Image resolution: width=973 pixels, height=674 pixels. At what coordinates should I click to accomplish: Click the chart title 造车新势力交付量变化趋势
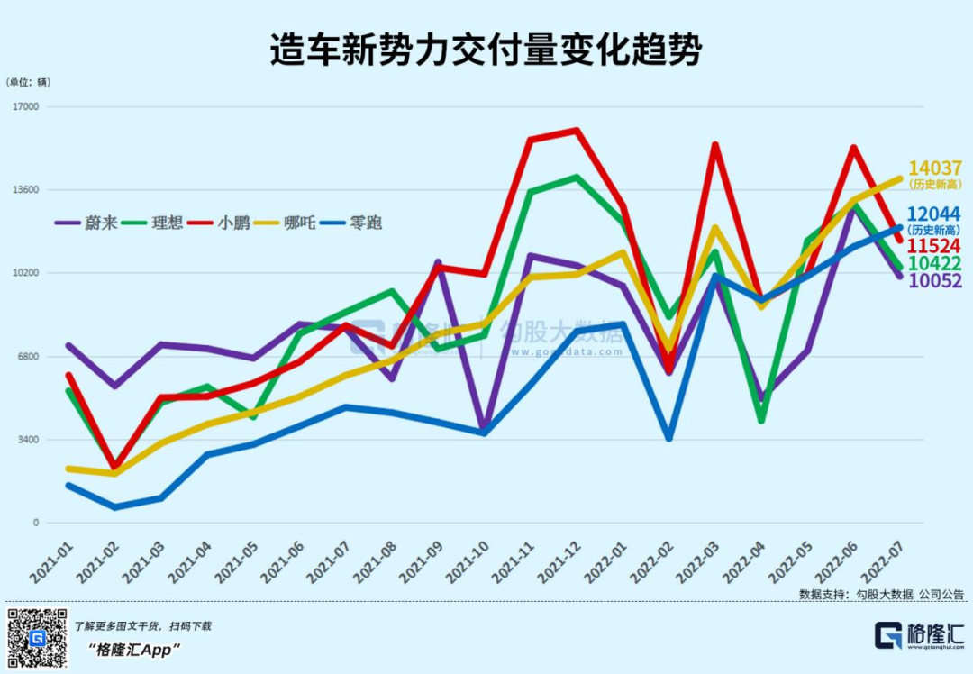[486, 51]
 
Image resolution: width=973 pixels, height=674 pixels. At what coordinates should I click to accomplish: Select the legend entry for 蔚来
[86, 222]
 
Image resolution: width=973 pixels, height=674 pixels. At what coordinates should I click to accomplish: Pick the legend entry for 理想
[154, 222]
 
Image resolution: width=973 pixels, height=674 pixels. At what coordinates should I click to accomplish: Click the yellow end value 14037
[935, 168]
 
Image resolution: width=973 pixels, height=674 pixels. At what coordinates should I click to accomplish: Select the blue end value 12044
[934, 214]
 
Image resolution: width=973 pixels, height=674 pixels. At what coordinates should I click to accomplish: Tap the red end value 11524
[934, 246]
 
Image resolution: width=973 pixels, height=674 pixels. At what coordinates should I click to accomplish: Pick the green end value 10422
[934, 263]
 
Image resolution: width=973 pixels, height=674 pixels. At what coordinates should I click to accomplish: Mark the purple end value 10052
[934, 281]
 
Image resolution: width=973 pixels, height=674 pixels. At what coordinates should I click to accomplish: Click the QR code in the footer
[38, 638]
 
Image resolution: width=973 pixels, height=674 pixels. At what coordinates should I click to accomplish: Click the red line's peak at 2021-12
[576, 130]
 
